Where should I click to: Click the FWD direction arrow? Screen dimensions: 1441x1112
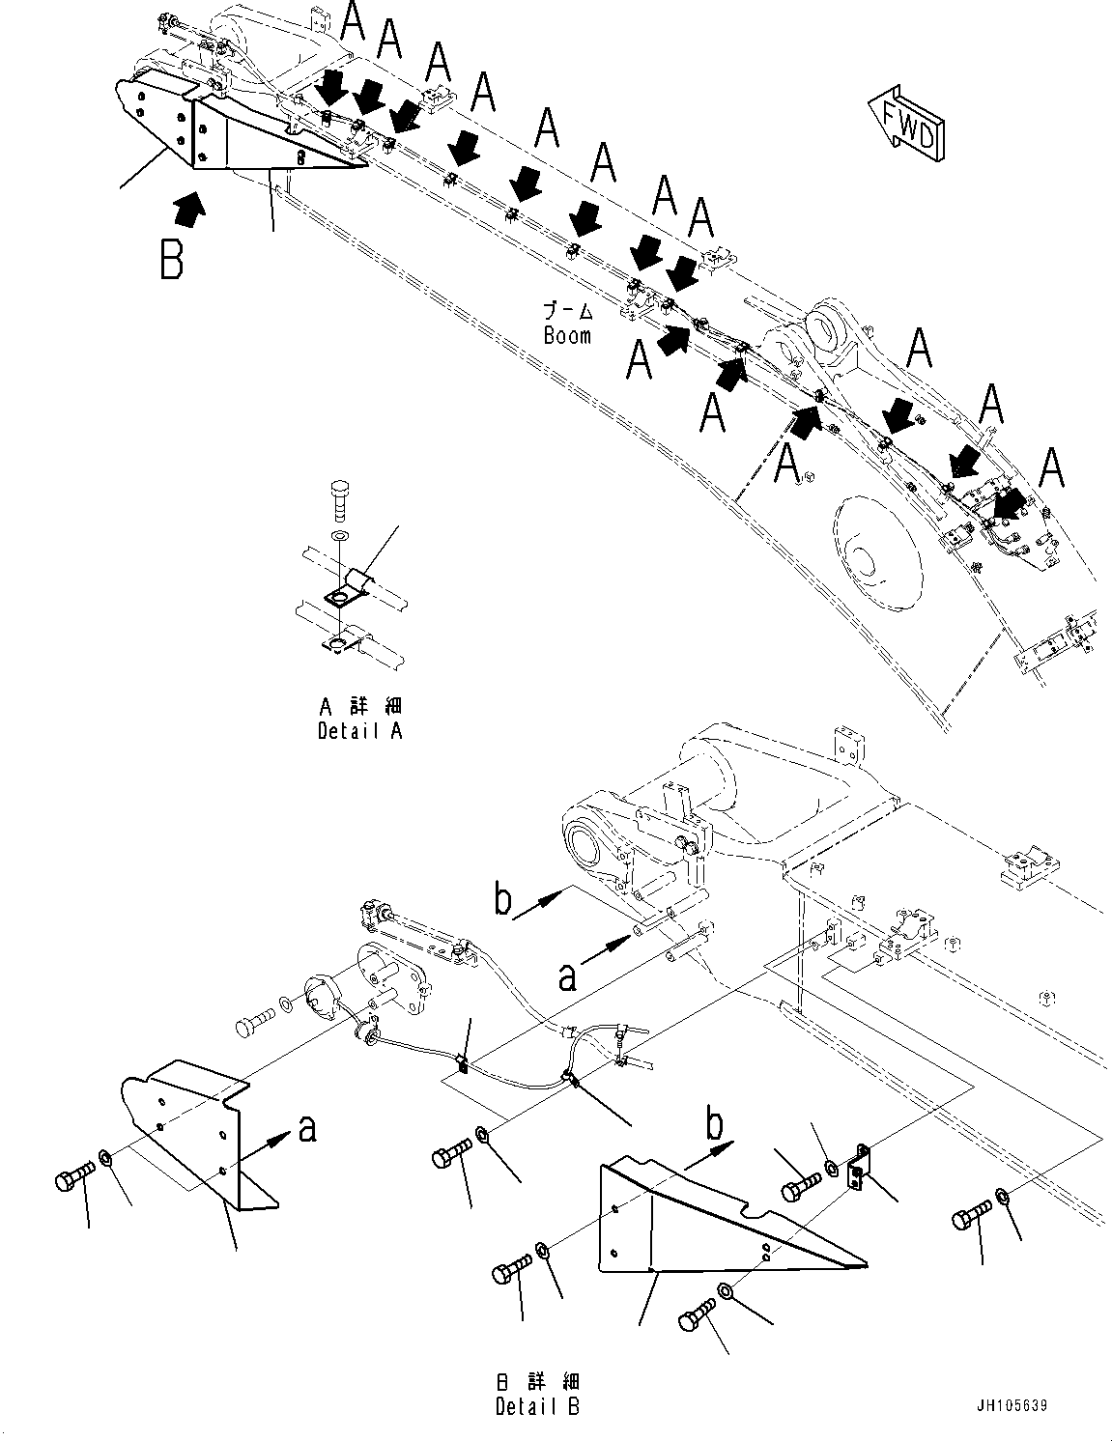(906, 123)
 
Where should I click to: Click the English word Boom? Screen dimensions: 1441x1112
(567, 336)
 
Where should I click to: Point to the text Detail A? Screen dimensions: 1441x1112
(359, 731)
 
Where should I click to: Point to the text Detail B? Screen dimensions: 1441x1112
(537, 1406)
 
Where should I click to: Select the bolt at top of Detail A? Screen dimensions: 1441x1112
(338, 499)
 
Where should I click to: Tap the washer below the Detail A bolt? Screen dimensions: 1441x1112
(338, 535)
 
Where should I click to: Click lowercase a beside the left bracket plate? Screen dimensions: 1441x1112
(307, 1127)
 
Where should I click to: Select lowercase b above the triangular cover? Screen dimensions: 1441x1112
(714, 1125)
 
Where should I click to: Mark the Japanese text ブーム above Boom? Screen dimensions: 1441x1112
(567, 312)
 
